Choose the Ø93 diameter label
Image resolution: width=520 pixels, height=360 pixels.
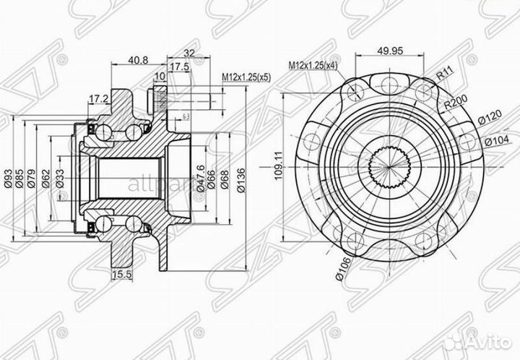coord(9,178)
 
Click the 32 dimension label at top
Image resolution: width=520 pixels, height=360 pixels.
coord(190,53)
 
